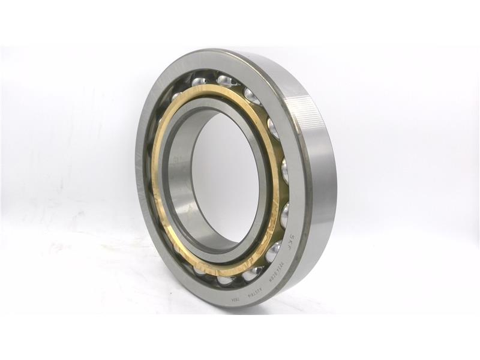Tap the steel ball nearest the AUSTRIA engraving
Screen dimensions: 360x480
click(252, 273)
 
